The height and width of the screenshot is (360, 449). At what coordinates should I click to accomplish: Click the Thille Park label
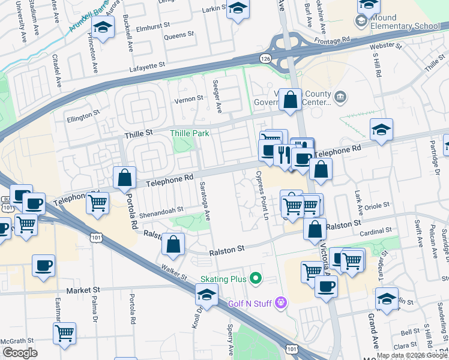(190, 133)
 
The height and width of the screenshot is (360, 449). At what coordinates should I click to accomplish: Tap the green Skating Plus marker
(256, 278)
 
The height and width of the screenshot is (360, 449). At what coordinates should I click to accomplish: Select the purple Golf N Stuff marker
(280, 304)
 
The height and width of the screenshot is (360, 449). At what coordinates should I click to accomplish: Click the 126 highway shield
(265, 58)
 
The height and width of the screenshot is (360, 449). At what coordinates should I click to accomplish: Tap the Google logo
(20, 353)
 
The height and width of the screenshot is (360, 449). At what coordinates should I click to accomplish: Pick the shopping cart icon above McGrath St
(64, 332)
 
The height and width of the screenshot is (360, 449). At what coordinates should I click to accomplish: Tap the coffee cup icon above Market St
(43, 265)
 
